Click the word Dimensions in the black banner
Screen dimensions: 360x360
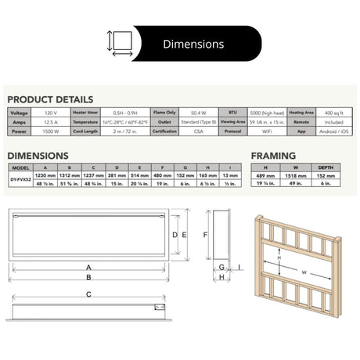[x=193, y=44]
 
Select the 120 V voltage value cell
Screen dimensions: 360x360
[x=49, y=113]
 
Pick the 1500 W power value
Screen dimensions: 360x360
[x=49, y=131]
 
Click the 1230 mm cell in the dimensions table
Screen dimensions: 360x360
[x=46, y=176]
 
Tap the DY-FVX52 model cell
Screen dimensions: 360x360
[x=20, y=180]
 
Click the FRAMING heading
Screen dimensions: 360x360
[x=273, y=156]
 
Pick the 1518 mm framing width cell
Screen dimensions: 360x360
[x=295, y=176]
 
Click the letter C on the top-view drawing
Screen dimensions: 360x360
[x=88, y=294]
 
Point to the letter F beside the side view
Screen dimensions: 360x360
[x=205, y=235]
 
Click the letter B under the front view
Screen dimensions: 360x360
[x=88, y=276]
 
